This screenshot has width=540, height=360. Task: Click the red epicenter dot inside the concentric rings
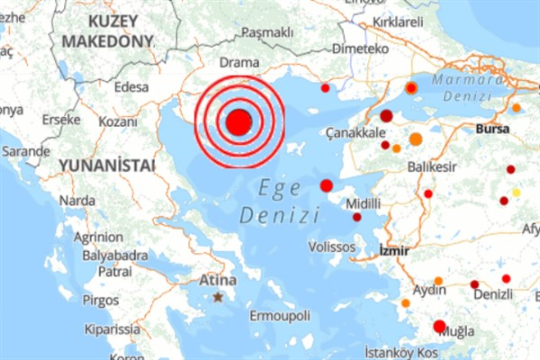238,123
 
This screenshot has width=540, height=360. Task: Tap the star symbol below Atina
217,296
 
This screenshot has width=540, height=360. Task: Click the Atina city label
218,281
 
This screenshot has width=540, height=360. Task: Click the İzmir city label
396,248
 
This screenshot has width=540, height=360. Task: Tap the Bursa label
494,129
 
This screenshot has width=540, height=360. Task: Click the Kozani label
117,121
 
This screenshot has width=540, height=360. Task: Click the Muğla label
457,331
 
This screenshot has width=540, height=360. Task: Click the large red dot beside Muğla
439,327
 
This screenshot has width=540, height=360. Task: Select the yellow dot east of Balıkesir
516,192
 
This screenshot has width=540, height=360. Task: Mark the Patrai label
115,271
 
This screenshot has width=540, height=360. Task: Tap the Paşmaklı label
267,33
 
